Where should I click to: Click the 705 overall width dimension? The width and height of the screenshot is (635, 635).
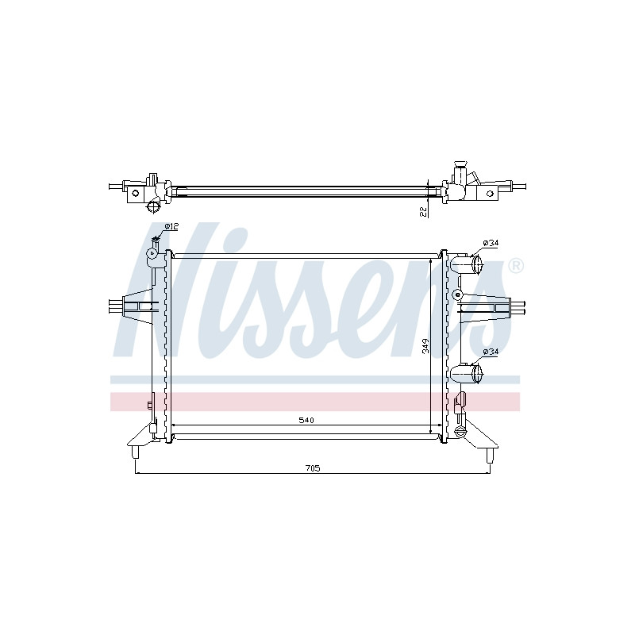click(x=312, y=468)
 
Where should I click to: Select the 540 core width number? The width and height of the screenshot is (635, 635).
click(x=306, y=421)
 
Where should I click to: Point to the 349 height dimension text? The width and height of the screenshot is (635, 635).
click(x=425, y=346)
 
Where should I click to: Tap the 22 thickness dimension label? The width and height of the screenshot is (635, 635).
click(x=424, y=211)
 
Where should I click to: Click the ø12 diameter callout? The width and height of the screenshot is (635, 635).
click(x=171, y=226)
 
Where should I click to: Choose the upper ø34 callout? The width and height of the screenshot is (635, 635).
click(x=491, y=243)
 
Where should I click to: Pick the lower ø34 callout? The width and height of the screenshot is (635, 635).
click(x=491, y=352)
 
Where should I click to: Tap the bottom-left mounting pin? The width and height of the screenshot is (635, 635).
click(x=135, y=452)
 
